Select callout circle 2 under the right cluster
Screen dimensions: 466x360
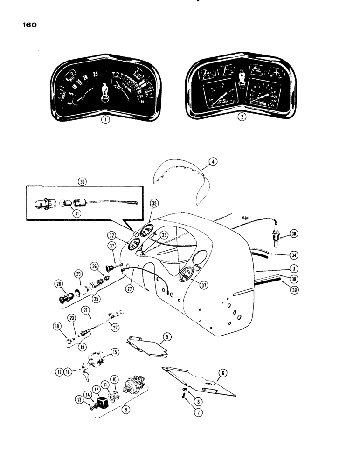coord(241,117)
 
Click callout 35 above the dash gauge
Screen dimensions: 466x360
coord(154,204)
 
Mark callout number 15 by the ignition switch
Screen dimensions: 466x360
coord(115,353)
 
